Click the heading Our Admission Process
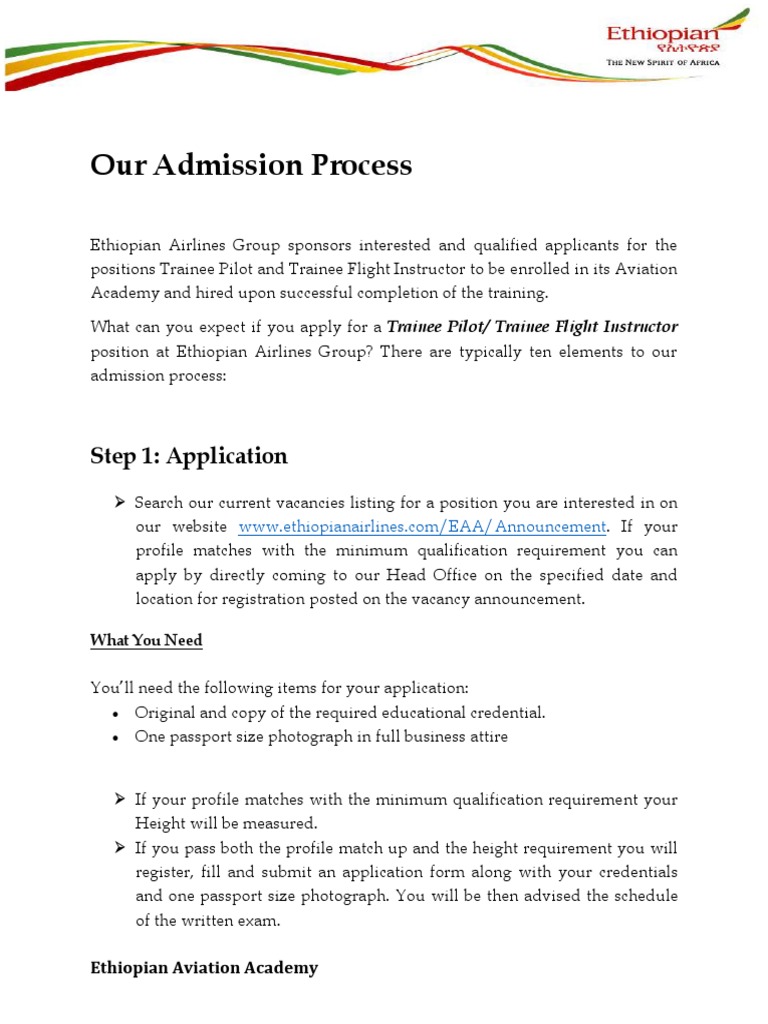(x=251, y=165)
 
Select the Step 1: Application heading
(x=189, y=456)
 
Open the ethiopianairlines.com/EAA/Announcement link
(x=422, y=527)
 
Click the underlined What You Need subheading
(x=146, y=640)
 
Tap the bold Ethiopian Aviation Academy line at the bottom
(x=204, y=968)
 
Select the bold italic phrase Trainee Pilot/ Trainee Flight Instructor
(x=532, y=327)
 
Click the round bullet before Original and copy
(x=116, y=714)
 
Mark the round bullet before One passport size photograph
(x=116, y=738)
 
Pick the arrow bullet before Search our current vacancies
(x=119, y=502)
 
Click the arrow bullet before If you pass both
(x=119, y=847)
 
